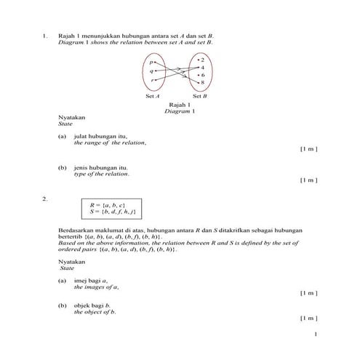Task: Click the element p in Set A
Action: click(x=152, y=63)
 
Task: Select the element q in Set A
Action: click(x=152, y=71)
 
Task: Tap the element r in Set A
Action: click(x=152, y=80)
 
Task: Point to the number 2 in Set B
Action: click(x=202, y=59)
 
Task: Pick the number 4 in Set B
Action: click(x=202, y=67)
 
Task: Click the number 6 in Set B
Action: click(x=202, y=75)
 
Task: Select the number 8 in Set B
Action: click(x=202, y=83)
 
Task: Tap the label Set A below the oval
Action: click(x=153, y=96)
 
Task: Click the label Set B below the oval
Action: click(x=199, y=96)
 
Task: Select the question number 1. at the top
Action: click(x=45, y=36)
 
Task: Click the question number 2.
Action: click(x=45, y=198)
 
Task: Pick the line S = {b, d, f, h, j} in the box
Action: click(x=112, y=212)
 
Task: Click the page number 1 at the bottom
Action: click(x=315, y=335)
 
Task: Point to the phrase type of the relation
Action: click(x=101, y=174)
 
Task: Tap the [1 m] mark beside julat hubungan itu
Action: click(x=308, y=149)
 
